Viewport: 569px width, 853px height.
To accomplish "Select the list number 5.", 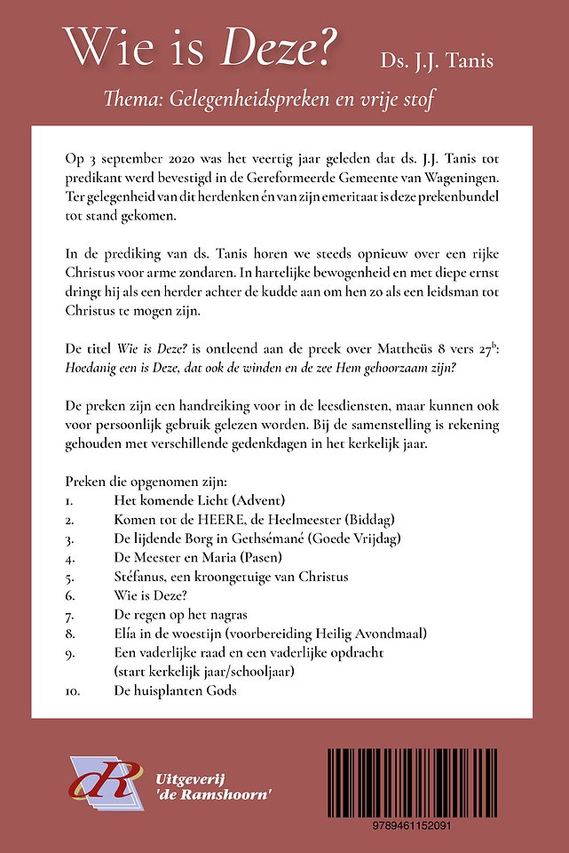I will coord(69,577).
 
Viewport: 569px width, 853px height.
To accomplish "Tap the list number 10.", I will coord(73,690).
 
